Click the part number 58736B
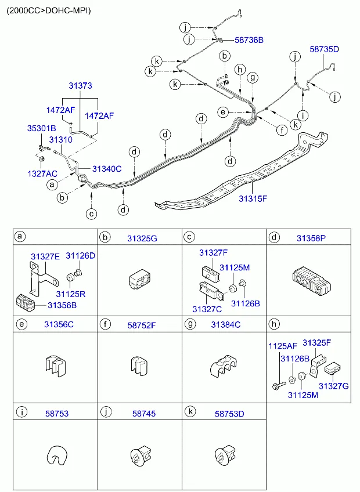pyautogui.click(x=249, y=40)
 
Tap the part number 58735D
pyautogui.click(x=324, y=50)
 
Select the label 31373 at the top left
pyautogui.click(x=80, y=85)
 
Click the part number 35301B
pyautogui.click(x=41, y=128)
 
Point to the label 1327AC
pyautogui.click(x=42, y=173)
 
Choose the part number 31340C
pyautogui.click(x=107, y=169)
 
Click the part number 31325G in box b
pyautogui.click(x=143, y=237)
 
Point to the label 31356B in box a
pyautogui.click(x=62, y=305)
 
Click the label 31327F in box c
pyautogui.click(x=213, y=252)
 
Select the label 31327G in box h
pyautogui.click(x=333, y=385)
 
